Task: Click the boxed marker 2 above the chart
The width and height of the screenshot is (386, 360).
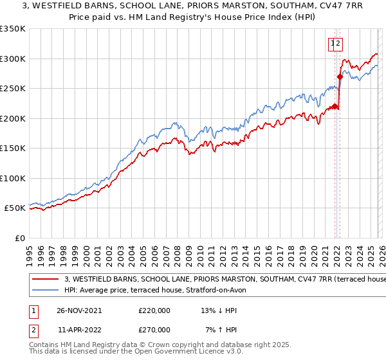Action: point(338,44)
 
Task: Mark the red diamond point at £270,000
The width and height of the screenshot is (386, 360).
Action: point(339,77)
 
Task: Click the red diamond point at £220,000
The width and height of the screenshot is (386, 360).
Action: point(335,107)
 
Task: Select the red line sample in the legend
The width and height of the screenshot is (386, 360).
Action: point(46,280)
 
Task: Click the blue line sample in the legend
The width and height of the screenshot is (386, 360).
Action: point(46,291)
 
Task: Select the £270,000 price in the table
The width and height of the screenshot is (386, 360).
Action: point(154,329)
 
